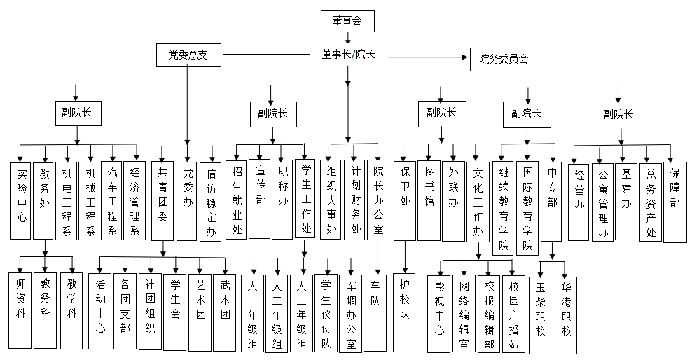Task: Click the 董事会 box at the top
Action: click(x=348, y=21)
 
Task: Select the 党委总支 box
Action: click(x=187, y=54)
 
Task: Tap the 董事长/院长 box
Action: click(x=347, y=55)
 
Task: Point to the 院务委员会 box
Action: click(x=504, y=60)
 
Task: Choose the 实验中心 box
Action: click(x=22, y=201)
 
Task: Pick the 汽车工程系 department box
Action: click(x=113, y=201)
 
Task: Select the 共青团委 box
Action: click(x=162, y=201)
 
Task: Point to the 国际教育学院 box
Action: click(x=527, y=207)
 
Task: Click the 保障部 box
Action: click(x=674, y=202)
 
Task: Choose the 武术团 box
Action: click(x=226, y=310)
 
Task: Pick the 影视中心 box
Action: click(x=439, y=313)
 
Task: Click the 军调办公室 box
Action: click(x=351, y=313)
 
